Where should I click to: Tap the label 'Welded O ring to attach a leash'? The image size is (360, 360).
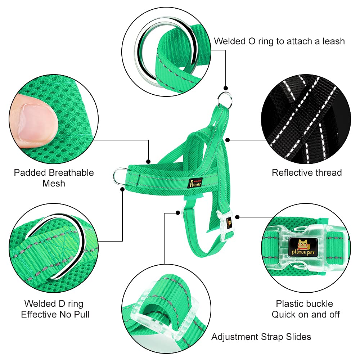tap(279, 41)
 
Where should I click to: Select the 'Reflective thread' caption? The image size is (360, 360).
tap(306, 172)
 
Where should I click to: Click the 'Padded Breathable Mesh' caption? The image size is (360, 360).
tap(54, 178)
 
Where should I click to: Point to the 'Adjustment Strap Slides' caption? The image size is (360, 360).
tap(261, 337)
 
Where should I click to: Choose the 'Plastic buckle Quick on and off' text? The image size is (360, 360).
tap(306, 309)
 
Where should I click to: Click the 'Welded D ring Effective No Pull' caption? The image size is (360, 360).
tap(55, 309)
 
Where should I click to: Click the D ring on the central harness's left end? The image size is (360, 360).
tap(118, 176)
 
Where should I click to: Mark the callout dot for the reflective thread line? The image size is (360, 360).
tap(228, 139)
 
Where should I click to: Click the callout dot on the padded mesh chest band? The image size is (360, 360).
tap(148, 161)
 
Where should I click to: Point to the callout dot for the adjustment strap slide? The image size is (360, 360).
tap(177, 213)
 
